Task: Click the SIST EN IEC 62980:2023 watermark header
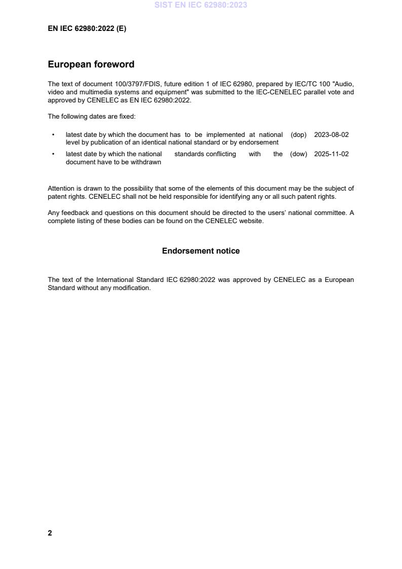click(201, 5)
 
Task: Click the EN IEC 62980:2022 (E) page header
click(87, 29)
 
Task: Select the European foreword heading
click(91, 64)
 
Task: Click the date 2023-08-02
click(331, 135)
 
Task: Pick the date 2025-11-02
click(331, 154)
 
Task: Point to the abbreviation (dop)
click(299, 135)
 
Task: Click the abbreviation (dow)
click(299, 154)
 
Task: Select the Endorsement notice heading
click(201, 251)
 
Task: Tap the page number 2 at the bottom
click(50, 533)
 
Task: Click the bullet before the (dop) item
click(53, 135)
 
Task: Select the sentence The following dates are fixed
click(91, 117)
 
